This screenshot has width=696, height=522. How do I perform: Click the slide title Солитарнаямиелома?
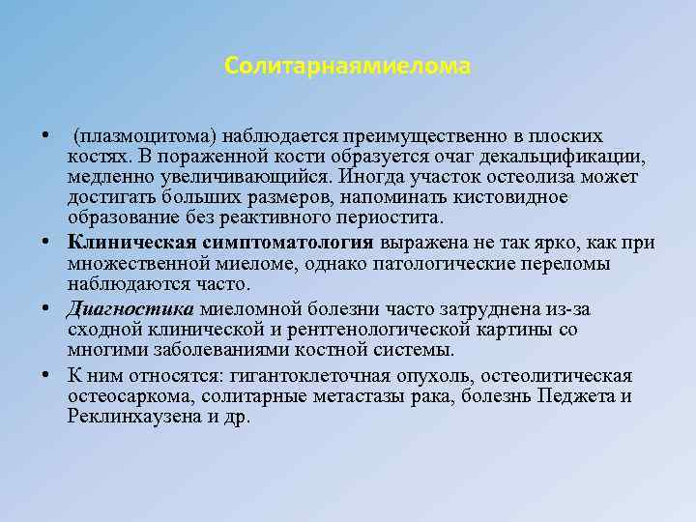coord(347,67)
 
